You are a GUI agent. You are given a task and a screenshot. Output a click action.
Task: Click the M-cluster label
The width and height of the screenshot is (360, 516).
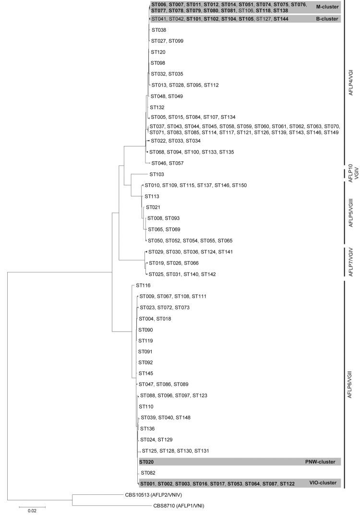(327, 7)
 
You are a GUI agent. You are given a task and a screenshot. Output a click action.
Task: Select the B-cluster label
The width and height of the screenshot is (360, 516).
(327, 19)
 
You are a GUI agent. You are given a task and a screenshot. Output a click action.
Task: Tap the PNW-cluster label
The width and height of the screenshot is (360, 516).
(320, 462)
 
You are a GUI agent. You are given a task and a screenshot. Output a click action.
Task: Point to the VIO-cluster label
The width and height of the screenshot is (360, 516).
(323, 483)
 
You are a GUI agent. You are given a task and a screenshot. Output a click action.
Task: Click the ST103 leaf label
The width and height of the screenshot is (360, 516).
(156, 174)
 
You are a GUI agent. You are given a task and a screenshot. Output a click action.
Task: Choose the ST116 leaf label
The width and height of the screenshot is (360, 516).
(143, 285)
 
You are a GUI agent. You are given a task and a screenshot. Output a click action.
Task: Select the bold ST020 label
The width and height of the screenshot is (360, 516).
(146, 462)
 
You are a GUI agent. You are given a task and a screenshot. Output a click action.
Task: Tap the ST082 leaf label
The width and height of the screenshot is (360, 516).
(148, 473)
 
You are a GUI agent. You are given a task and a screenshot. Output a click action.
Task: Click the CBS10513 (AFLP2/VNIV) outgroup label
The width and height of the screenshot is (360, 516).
(153, 494)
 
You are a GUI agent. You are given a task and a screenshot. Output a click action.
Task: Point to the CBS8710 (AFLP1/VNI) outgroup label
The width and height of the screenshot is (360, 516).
(179, 505)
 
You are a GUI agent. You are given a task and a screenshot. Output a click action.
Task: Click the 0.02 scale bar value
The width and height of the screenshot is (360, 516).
(32, 511)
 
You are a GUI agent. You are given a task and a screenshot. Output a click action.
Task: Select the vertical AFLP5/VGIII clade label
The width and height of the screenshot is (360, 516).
(350, 213)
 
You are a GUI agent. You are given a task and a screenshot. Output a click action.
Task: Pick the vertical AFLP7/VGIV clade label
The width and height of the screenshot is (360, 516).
(350, 262)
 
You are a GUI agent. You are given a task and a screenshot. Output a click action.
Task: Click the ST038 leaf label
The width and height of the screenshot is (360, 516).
(159, 30)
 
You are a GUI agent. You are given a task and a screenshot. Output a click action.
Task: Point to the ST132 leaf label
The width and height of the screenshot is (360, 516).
(157, 108)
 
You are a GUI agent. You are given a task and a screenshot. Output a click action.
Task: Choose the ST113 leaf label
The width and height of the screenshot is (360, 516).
(152, 196)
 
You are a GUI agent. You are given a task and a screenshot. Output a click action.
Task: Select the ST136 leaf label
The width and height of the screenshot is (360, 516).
(147, 429)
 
